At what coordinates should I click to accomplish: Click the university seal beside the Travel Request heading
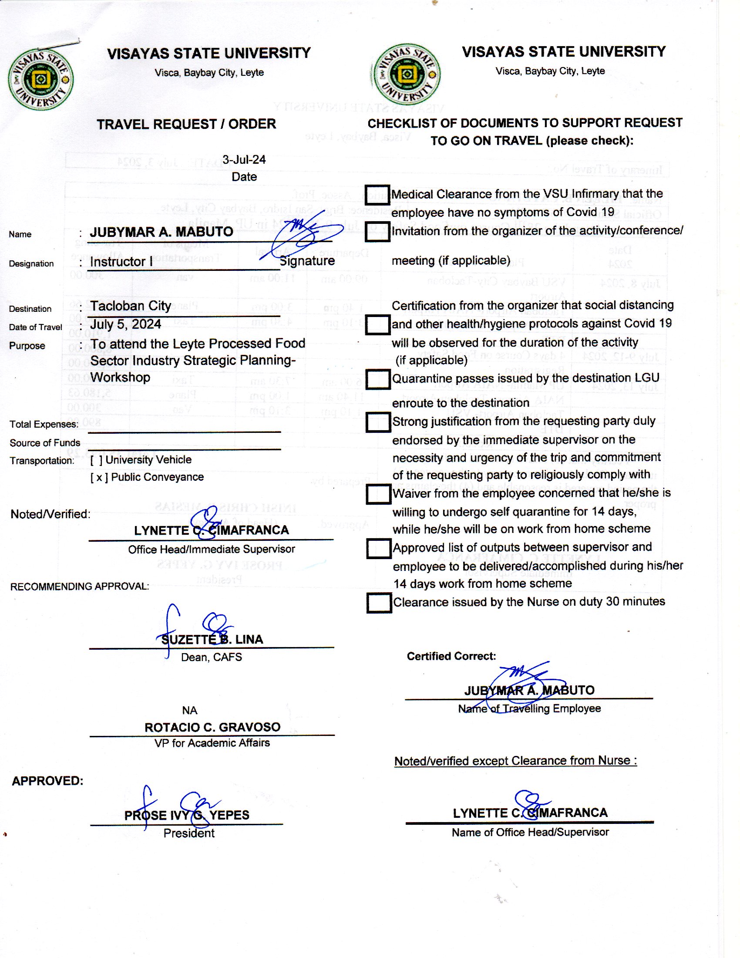pyautogui.click(x=41, y=79)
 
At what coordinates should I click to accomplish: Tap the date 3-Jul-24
pyautogui.click(x=244, y=160)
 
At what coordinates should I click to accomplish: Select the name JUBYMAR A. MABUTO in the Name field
pyautogui.click(x=161, y=232)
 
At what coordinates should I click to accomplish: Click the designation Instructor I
pyautogui.click(x=121, y=261)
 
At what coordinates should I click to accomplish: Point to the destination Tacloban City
pyautogui.click(x=131, y=306)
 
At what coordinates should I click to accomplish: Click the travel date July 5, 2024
pyautogui.click(x=126, y=324)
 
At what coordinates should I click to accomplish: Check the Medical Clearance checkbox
pyautogui.click(x=377, y=195)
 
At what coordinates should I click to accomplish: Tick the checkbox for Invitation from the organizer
pyautogui.click(x=377, y=232)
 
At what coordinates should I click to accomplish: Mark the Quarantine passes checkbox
pyautogui.click(x=378, y=379)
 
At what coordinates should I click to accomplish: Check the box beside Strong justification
pyautogui.click(x=378, y=422)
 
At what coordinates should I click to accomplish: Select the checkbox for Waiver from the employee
pyautogui.click(x=378, y=494)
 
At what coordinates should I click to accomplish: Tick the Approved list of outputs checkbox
pyautogui.click(x=378, y=548)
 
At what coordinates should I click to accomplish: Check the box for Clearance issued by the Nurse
pyautogui.click(x=379, y=603)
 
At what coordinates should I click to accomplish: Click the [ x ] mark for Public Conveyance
pyautogui.click(x=99, y=477)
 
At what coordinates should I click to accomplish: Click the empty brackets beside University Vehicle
pyautogui.click(x=97, y=460)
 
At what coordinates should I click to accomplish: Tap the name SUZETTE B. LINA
pyautogui.click(x=212, y=640)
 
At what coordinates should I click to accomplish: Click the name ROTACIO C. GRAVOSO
pyautogui.click(x=212, y=727)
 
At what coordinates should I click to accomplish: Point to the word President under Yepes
pyautogui.click(x=189, y=833)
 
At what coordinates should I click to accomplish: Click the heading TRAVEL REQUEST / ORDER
pyautogui.click(x=186, y=124)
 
